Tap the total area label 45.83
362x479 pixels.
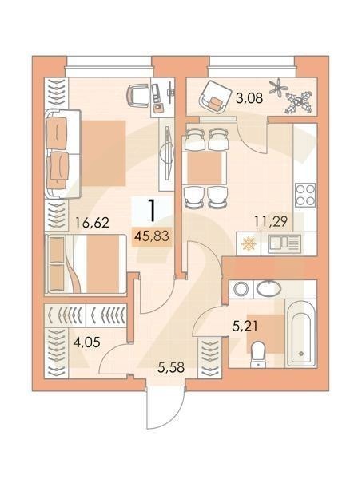pyautogui.click(x=149, y=236)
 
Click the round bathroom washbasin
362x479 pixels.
pyautogui.click(x=269, y=288)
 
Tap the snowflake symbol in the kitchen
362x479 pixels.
pyautogui.click(x=249, y=243)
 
